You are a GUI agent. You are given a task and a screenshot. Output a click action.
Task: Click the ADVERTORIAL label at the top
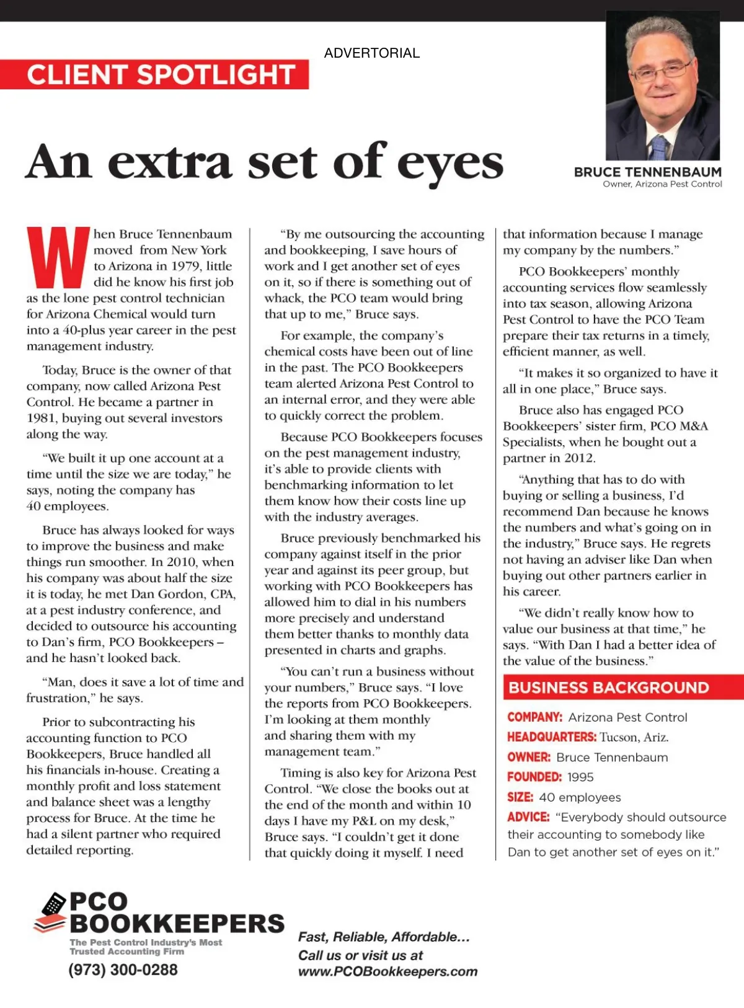pos(371,53)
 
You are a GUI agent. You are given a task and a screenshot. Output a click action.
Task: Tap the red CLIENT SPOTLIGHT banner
pos(160,74)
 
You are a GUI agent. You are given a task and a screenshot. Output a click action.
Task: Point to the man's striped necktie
pos(658,147)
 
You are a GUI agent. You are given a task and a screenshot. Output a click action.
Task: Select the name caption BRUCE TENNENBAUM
pos(647,172)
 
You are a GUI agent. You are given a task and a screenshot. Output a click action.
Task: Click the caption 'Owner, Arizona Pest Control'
pos(662,184)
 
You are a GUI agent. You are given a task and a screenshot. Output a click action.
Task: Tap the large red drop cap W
pos(58,257)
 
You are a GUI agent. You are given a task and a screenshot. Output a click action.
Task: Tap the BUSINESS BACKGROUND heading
pos(608,687)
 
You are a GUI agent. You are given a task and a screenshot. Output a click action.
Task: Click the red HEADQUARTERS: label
pos(551,737)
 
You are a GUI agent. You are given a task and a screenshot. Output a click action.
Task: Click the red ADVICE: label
pos(528,817)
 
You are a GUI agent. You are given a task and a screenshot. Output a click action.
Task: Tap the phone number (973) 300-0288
pos(123,970)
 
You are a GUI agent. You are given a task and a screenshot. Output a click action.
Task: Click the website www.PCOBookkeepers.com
pos(387,971)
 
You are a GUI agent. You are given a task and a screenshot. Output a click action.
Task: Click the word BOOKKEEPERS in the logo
pos(177,924)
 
